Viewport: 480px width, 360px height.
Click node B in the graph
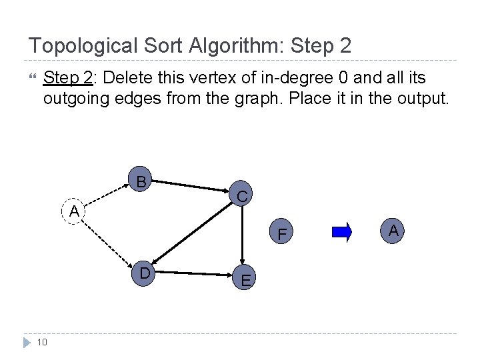point(141,180)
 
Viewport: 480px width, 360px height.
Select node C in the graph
point(243,196)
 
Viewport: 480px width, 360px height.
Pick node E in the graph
point(245,280)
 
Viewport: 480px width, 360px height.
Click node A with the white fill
point(73,211)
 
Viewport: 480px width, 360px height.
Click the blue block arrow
point(341,232)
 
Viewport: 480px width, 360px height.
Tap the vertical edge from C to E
point(244,237)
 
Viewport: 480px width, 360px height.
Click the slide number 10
point(41,343)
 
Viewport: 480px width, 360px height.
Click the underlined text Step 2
point(67,79)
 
